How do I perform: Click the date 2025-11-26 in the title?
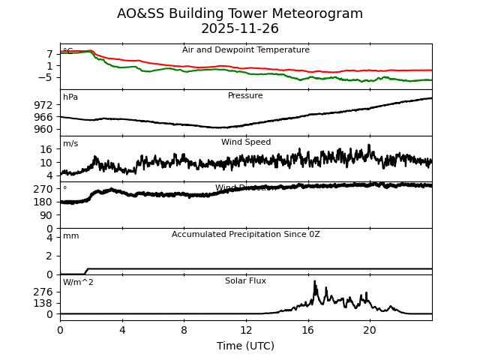[x=239, y=28]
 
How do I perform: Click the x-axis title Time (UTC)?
[x=246, y=346]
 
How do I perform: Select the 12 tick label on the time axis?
[x=246, y=330]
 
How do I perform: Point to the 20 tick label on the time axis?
[x=370, y=330]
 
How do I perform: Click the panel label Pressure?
[x=245, y=96]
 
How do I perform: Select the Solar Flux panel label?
[x=245, y=281]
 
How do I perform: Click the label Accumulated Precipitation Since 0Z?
[x=245, y=235]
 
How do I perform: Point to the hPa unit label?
[x=70, y=97]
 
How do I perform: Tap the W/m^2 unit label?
[x=78, y=283]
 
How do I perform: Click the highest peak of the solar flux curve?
[x=315, y=282]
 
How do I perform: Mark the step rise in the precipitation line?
[x=87, y=271]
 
